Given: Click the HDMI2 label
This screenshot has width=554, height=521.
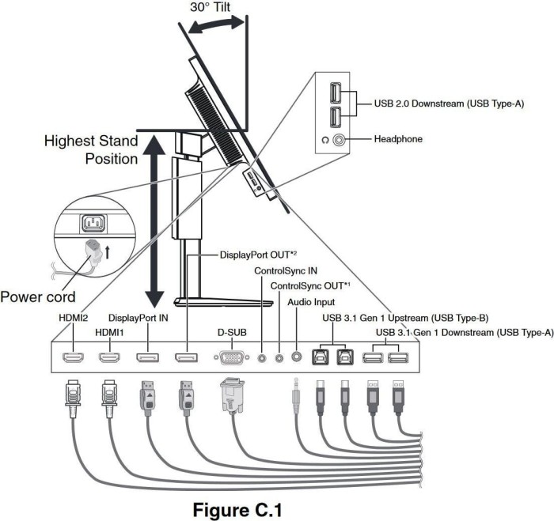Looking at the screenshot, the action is click(x=73, y=318).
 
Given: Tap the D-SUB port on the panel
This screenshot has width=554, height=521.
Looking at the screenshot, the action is click(x=232, y=358).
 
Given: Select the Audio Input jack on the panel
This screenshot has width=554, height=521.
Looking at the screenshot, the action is click(x=297, y=357).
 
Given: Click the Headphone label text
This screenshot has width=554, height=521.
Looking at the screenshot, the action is click(x=398, y=139).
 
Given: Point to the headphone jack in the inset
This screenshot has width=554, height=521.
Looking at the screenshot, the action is click(x=339, y=140).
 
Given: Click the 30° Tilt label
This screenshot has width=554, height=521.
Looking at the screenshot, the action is click(x=211, y=7).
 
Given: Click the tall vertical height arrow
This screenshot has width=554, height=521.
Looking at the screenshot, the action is click(x=154, y=221).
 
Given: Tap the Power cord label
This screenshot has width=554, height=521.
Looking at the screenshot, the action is click(x=38, y=296).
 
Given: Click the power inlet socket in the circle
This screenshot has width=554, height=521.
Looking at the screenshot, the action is click(x=93, y=224).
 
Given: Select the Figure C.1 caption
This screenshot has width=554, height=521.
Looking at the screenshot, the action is click(x=237, y=510).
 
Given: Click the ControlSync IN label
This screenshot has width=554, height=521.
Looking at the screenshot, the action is click(x=286, y=271).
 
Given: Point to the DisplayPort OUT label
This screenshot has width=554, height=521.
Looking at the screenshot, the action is click(x=258, y=255).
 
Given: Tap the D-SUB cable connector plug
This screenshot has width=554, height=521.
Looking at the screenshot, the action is click(x=232, y=395).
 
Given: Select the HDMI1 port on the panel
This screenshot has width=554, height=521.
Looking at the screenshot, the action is click(x=109, y=358).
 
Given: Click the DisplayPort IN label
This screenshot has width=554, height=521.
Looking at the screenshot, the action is click(x=138, y=318).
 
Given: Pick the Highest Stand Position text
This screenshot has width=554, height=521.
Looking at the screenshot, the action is click(x=91, y=149).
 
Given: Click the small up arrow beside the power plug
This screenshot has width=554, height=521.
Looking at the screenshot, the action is click(x=108, y=252).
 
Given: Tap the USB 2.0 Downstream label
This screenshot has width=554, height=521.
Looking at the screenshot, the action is click(x=449, y=104).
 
